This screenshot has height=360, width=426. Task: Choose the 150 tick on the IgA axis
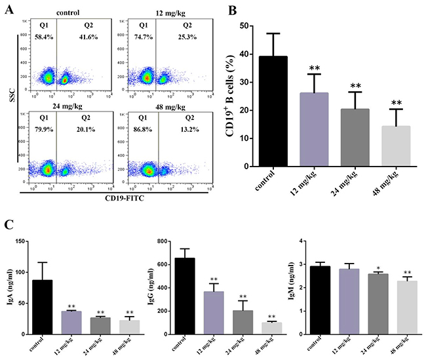pyautogui.click(x=24, y=241)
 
